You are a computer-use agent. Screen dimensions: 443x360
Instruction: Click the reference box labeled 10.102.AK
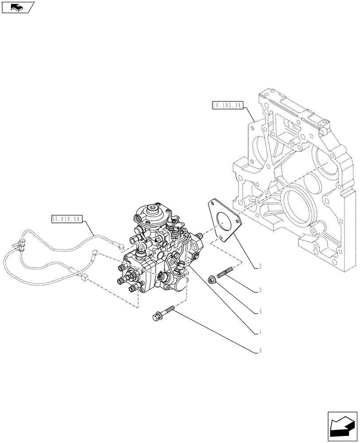[227, 105]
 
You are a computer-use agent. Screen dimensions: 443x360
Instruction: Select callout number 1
[260, 332]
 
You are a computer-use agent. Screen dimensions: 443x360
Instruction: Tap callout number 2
[260, 267]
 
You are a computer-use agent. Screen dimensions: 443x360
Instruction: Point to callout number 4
[260, 311]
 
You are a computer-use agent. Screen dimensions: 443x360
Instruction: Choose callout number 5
[260, 351]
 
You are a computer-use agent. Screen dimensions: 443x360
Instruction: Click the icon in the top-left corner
[17, 7]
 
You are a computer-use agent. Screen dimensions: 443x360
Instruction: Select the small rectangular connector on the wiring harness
[84, 278]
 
